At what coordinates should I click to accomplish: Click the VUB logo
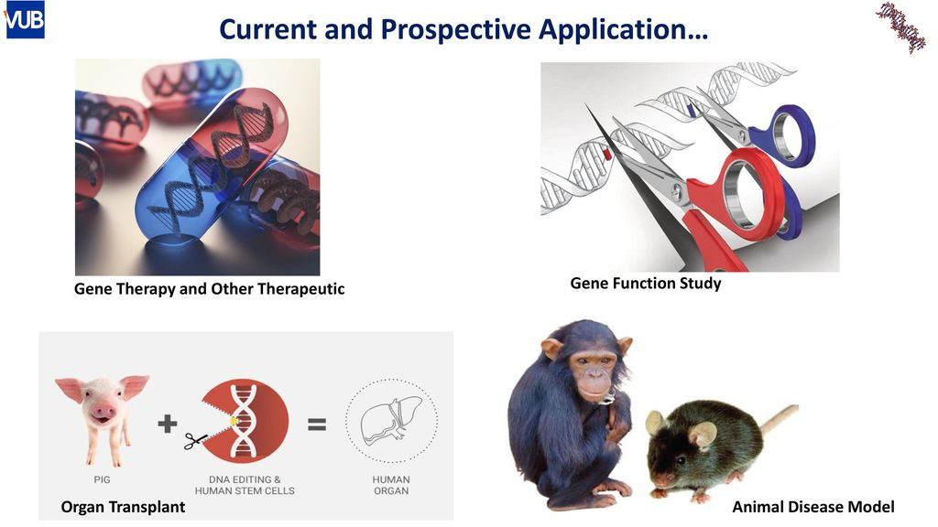(x=25, y=20)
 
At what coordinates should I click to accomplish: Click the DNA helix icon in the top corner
(x=901, y=27)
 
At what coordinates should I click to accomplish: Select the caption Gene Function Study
(x=646, y=284)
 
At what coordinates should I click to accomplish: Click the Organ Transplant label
(x=123, y=507)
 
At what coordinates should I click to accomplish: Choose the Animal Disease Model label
(x=813, y=507)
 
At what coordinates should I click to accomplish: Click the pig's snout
(x=104, y=411)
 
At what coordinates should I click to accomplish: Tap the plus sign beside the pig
(x=168, y=424)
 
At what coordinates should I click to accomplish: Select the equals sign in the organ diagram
(x=317, y=425)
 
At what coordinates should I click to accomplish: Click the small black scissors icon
(x=196, y=441)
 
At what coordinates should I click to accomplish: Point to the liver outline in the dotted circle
(x=391, y=421)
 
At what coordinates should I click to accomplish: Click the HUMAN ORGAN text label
(x=391, y=485)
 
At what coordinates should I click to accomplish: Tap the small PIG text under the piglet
(x=102, y=479)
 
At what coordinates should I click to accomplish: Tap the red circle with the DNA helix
(x=245, y=421)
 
